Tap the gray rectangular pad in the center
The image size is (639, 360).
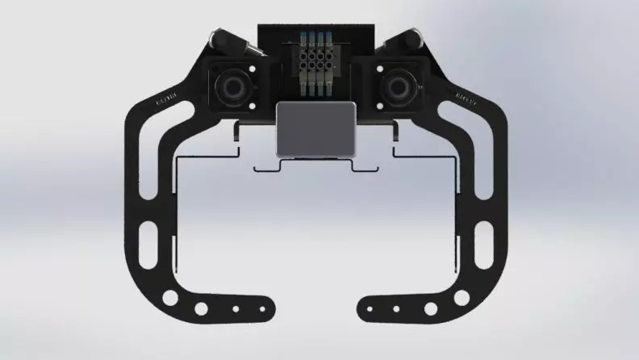tap(316, 129)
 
